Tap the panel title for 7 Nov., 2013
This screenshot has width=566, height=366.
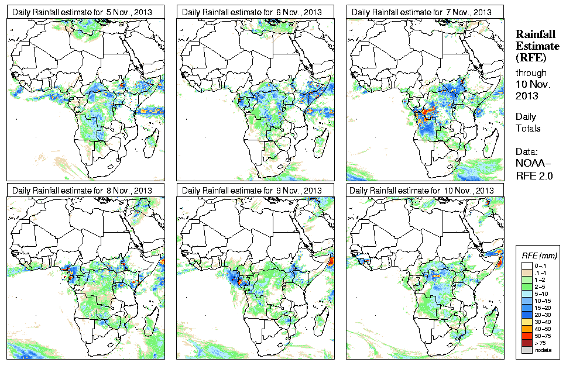coord(421,12)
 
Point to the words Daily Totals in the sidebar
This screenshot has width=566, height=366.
coord(528,122)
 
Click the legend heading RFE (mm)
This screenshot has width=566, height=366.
coord(539,255)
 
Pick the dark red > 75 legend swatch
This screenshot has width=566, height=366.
coord(527,343)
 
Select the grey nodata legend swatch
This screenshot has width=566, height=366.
coord(527,350)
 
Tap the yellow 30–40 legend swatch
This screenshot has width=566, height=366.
coord(527,321)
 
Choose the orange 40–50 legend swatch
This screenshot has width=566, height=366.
coord(527,328)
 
